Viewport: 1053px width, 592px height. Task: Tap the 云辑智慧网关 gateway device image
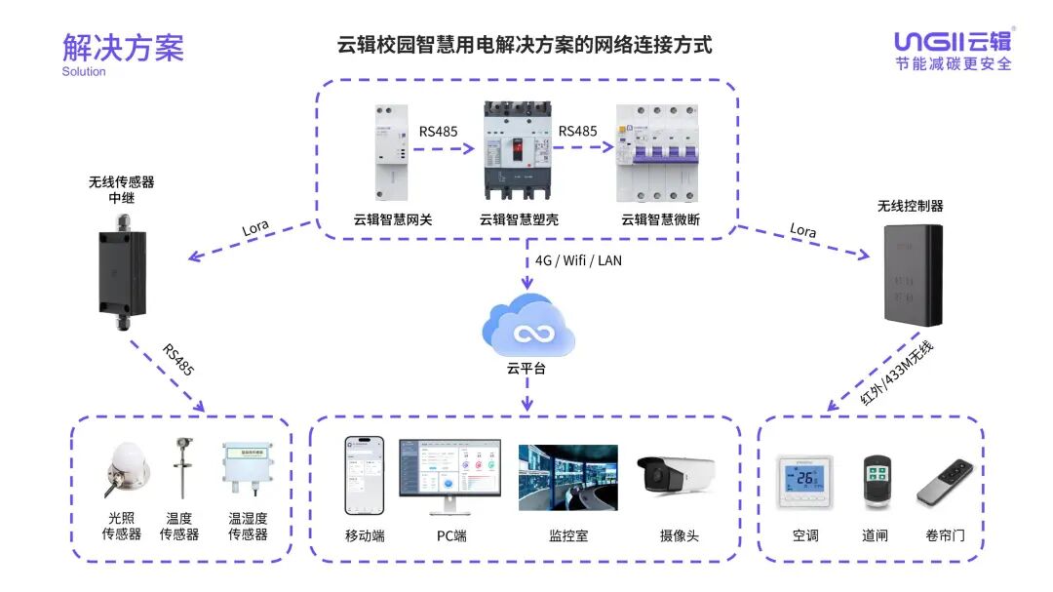pyautogui.click(x=392, y=152)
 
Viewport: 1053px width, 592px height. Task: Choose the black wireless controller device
pyautogui.click(x=913, y=274)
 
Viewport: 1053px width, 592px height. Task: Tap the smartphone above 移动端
pyautogui.click(x=364, y=476)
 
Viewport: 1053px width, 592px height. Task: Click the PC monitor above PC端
pyautogui.click(x=449, y=474)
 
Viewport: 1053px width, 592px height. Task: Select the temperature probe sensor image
pyautogui.click(x=179, y=472)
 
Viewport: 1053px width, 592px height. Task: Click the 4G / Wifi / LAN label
pyautogui.click(x=578, y=260)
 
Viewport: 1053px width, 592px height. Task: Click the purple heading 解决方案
pyautogui.click(x=123, y=47)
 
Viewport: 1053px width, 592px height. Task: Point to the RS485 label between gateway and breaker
pyautogui.click(x=439, y=131)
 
